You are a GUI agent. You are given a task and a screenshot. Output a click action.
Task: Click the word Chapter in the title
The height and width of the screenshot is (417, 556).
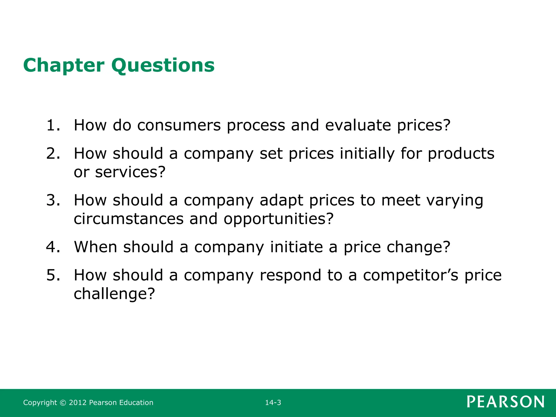click(x=64, y=65)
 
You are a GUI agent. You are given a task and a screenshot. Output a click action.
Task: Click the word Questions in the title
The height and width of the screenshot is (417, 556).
click(x=163, y=65)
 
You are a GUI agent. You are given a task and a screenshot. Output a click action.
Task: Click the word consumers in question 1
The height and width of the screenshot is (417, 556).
click(x=179, y=125)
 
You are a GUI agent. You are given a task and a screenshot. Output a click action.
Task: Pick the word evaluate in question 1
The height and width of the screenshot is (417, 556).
click(x=358, y=125)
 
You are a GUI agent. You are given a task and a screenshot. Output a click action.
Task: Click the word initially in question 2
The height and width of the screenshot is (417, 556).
click(x=367, y=153)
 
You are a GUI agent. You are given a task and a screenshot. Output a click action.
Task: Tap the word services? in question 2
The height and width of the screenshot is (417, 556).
click(x=130, y=172)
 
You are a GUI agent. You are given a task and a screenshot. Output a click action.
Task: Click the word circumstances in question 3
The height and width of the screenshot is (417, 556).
click(x=129, y=219)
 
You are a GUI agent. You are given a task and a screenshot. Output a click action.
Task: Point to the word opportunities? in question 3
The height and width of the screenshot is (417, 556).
click(x=278, y=219)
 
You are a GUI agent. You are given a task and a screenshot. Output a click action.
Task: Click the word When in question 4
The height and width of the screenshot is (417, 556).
click(x=96, y=247)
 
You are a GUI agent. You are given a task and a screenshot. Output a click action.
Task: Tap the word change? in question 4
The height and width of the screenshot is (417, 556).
click(x=418, y=247)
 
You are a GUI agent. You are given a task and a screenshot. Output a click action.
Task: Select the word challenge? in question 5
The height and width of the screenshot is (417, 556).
click(x=114, y=294)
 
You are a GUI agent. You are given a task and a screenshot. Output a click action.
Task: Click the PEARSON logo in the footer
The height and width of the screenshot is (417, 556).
click(x=506, y=402)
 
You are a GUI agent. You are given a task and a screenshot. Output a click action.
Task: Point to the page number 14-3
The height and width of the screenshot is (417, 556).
click(x=273, y=403)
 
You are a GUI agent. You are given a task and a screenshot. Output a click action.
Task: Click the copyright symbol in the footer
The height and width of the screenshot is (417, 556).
click(x=63, y=403)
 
